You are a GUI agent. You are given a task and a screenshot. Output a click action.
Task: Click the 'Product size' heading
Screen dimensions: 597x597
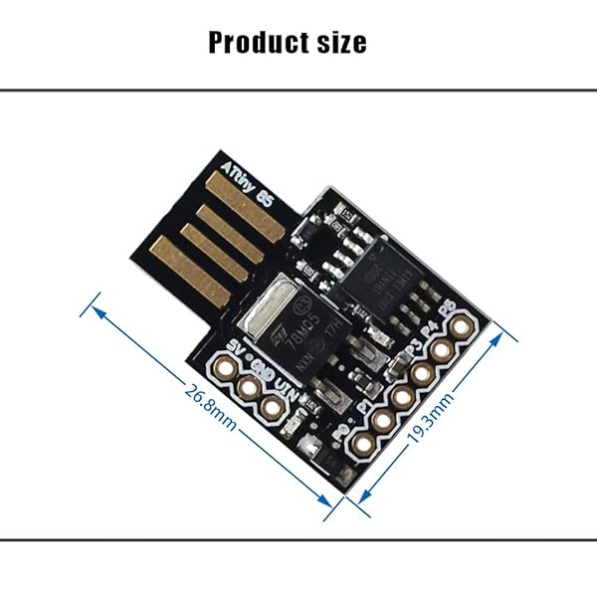click(x=288, y=42)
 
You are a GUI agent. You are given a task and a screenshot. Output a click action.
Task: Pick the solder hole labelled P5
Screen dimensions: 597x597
click(x=460, y=327)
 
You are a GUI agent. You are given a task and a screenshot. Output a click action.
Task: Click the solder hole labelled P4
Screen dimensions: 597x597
click(x=441, y=351)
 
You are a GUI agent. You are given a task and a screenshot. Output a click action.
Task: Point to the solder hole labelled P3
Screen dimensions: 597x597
click(x=422, y=374)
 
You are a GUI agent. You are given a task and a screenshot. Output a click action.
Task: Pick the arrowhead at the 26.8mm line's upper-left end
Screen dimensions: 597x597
click(x=97, y=309)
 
